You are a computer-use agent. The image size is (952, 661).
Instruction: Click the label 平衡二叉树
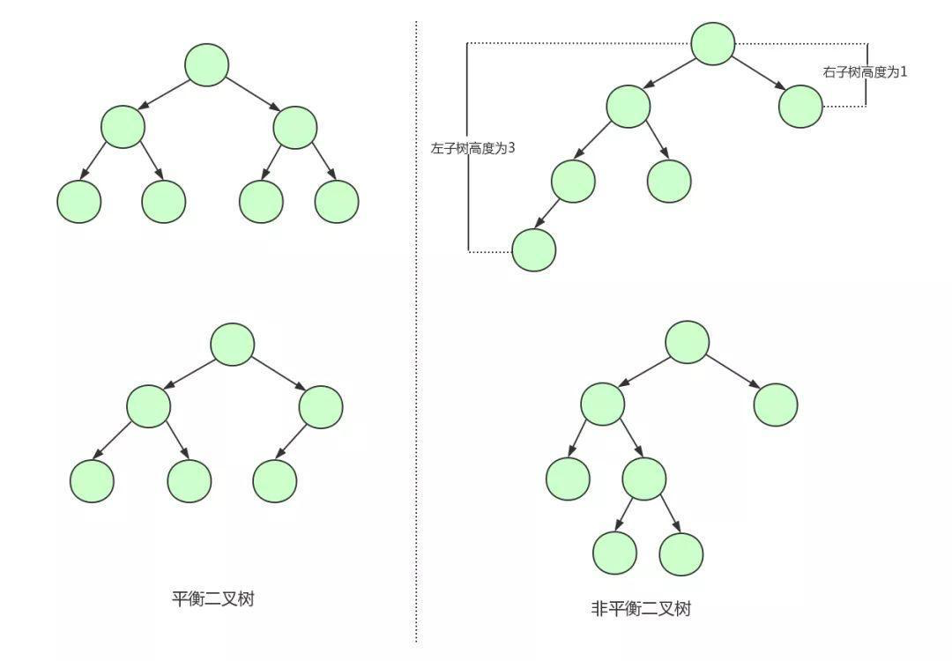coord(213,599)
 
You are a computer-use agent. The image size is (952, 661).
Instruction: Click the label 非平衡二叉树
coord(641,608)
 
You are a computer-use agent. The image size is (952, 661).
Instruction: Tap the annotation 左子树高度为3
coord(472,149)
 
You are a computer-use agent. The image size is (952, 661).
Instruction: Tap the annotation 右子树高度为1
coord(865,72)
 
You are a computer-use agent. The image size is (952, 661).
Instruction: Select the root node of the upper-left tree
coord(207,64)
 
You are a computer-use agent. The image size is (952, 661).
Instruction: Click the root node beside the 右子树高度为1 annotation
coord(713,43)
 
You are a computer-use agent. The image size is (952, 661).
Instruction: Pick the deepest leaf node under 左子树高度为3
coord(534,250)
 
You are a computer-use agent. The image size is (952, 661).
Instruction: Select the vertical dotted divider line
coord(416,353)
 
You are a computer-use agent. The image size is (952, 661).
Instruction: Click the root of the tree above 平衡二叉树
coord(233,344)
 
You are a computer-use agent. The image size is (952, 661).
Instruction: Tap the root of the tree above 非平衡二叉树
coord(687,342)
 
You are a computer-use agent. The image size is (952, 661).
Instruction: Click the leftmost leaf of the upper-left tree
coord(79,201)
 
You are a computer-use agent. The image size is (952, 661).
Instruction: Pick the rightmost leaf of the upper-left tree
coord(337,201)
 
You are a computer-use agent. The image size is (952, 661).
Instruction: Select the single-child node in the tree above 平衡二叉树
coord(321,407)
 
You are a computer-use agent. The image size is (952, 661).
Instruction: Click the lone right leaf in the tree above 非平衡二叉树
coord(776,405)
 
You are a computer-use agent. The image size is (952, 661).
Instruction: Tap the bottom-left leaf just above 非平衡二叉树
coord(614,553)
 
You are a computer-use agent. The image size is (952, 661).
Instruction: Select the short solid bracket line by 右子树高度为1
coord(866,74)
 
